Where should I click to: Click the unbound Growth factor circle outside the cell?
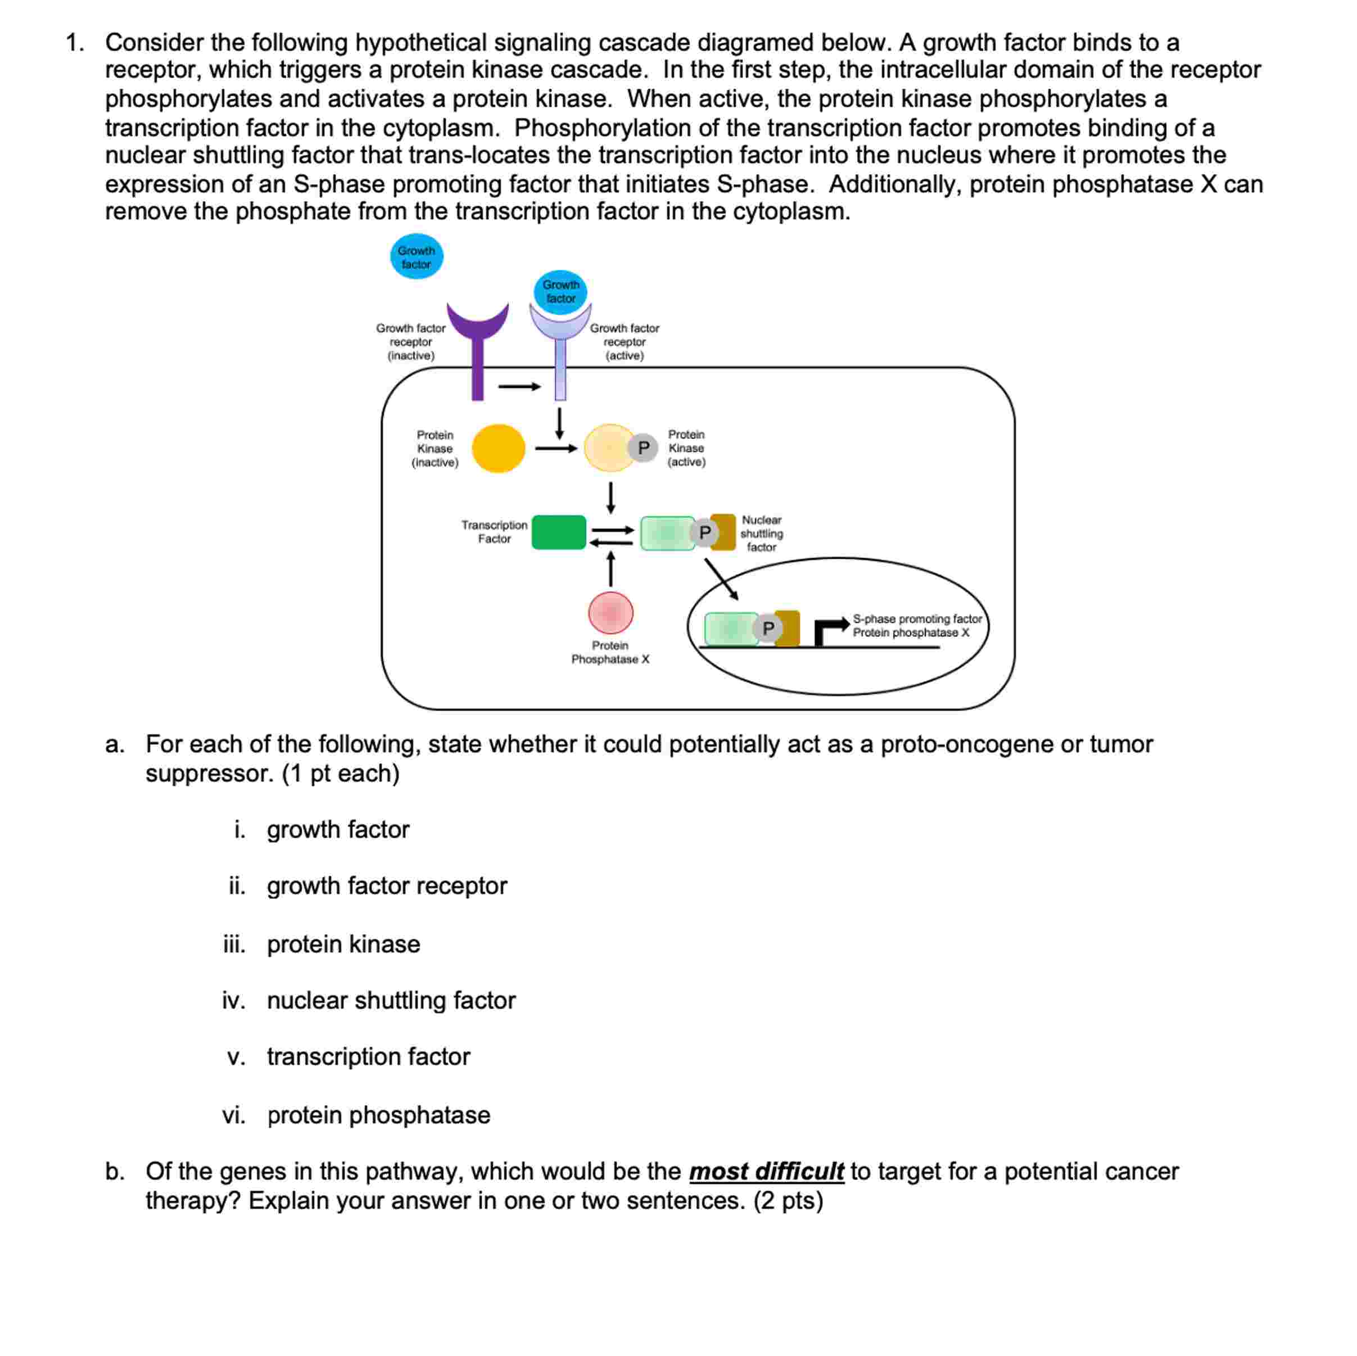[417, 256]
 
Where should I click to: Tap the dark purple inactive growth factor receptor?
[478, 351]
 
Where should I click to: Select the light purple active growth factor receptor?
[560, 358]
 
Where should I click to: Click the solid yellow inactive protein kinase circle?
[498, 448]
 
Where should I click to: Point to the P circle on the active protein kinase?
[643, 448]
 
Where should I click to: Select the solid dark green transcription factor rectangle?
[558, 532]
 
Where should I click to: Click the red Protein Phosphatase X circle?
[610, 613]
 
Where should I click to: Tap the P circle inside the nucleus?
[768, 627]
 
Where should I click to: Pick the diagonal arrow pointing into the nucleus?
[721, 580]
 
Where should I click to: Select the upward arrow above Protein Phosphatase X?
[610, 568]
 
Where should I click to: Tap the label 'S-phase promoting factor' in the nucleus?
[917, 619]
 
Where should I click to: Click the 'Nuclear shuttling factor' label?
[761, 534]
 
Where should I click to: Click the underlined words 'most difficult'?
[766, 1171]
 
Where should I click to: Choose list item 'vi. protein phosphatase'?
[378, 1115]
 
